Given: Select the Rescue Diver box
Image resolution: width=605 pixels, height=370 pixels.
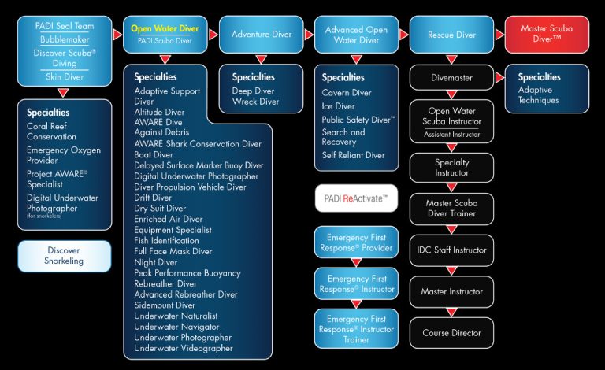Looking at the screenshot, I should tap(451, 35).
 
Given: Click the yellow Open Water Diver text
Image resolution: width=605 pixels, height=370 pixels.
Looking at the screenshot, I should tap(165, 29).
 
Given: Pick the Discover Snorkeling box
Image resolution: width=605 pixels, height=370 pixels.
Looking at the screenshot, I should tap(65, 256).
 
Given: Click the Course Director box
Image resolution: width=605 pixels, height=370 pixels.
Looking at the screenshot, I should tap(451, 333).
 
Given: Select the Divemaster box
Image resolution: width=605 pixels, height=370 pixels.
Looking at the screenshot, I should tap(451, 79).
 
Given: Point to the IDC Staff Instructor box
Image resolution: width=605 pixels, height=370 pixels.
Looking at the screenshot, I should tap(451, 250).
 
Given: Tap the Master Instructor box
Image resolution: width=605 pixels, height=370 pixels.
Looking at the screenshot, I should tap(451, 291).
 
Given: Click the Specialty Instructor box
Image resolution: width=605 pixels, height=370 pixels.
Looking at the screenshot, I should tap(451, 167).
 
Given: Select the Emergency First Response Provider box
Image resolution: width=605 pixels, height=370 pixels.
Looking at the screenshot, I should tap(356, 242).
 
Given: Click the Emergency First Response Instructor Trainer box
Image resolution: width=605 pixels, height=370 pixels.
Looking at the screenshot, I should tap(356, 328).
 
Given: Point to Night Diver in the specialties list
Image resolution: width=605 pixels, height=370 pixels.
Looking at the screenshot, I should tap(156, 262).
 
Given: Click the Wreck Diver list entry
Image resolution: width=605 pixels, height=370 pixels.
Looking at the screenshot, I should tap(255, 102).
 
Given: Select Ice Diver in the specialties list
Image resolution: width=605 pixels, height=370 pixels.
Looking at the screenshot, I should tap(338, 105).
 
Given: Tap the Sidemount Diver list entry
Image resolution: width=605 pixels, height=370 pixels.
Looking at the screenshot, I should tap(165, 305).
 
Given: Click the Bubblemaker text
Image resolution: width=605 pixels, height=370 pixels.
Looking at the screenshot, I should tap(65, 39).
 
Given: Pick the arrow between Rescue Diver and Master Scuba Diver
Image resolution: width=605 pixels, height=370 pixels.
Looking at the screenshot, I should tap(499, 35).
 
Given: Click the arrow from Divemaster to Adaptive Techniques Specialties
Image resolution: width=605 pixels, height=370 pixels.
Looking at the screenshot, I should tap(499, 79).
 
